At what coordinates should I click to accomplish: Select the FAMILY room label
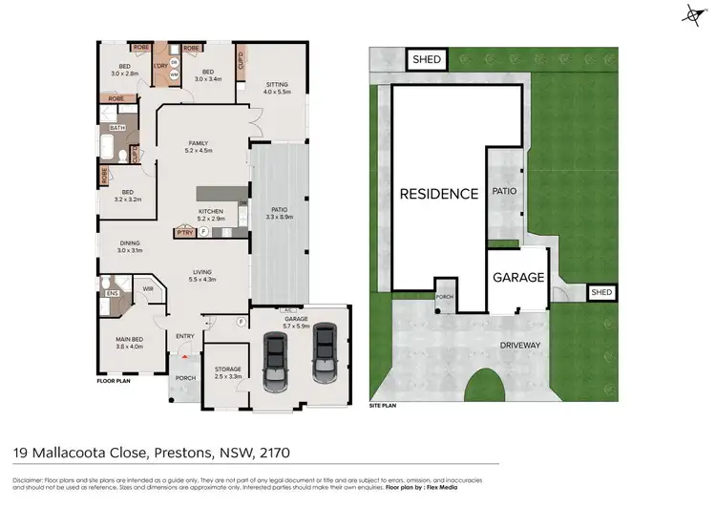(x=198, y=143)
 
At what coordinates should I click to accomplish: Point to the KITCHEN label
(x=210, y=211)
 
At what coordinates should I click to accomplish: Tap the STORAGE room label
(x=227, y=369)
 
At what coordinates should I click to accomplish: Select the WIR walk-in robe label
(x=149, y=287)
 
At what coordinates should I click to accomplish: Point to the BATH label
(x=117, y=127)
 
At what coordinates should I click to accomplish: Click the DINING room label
(x=131, y=243)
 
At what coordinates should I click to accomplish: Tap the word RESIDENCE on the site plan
(x=438, y=194)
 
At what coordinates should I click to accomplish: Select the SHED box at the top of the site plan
(x=427, y=59)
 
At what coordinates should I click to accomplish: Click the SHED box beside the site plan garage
(x=601, y=292)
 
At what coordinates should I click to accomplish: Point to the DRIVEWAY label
(x=519, y=345)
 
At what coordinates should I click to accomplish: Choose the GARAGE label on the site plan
(x=518, y=278)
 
